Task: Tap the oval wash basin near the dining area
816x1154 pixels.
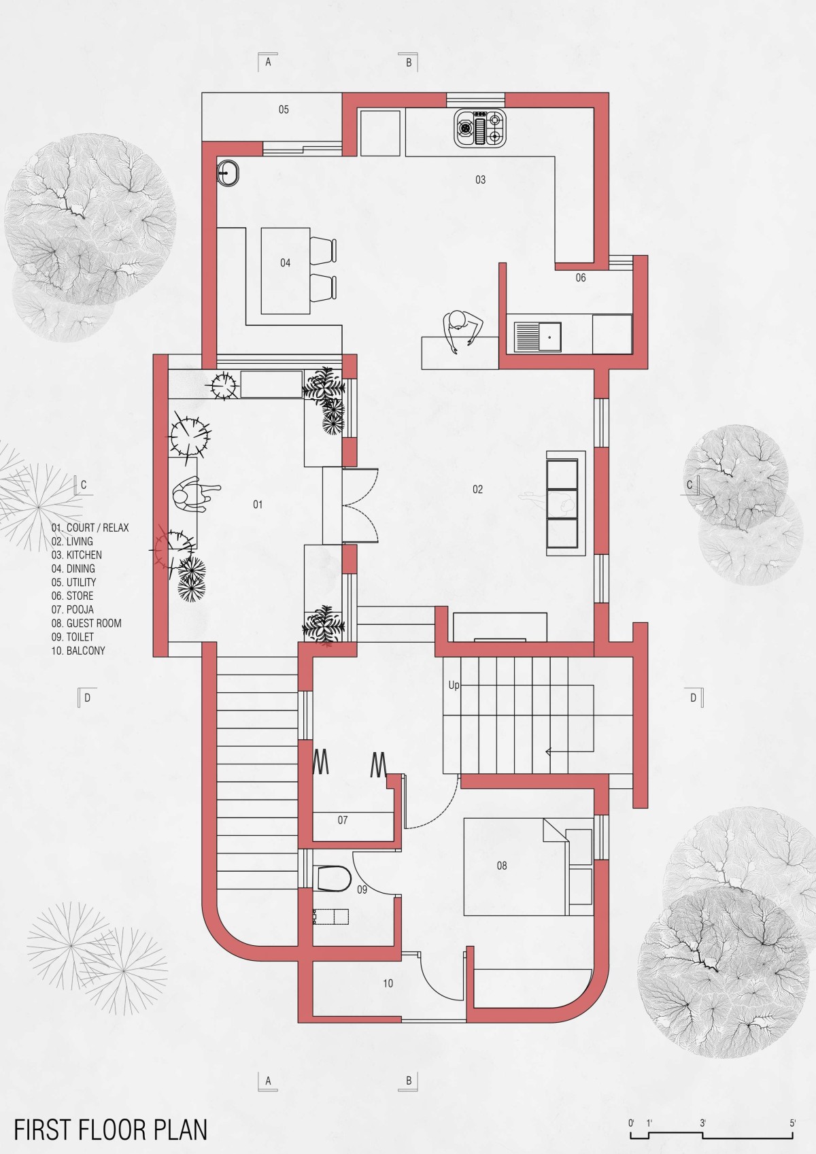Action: point(228,173)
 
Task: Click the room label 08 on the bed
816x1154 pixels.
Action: point(502,866)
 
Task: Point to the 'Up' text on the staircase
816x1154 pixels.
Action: point(454,685)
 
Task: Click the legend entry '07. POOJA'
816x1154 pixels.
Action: point(72,609)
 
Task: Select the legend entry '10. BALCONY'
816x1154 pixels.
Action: point(78,651)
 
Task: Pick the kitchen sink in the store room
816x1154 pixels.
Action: point(538,337)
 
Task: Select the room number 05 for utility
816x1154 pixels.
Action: point(284,109)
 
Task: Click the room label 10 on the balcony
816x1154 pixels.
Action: point(388,983)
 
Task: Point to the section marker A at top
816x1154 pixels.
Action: point(268,63)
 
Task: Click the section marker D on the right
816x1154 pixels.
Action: point(694,698)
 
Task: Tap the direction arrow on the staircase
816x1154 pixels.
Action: point(569,751)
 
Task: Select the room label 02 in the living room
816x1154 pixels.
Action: point(477,490)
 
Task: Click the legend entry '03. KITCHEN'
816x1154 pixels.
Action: point(76,555)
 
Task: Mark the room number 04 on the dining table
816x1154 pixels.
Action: point(285,263)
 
